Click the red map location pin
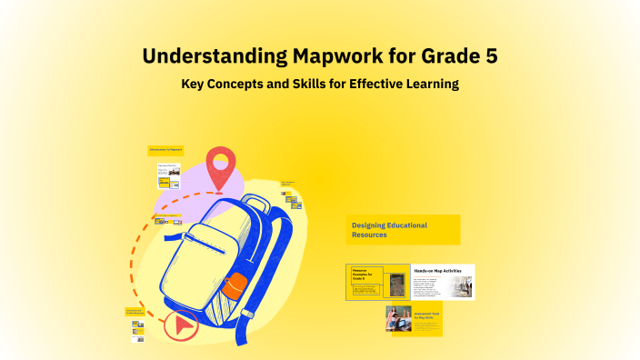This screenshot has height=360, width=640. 219,167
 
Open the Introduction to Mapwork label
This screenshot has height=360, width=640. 165,148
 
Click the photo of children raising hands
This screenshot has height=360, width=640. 398,319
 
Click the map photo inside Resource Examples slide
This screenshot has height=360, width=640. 397,285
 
